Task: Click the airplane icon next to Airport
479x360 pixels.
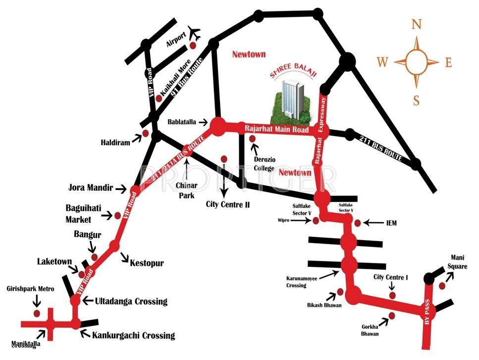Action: point(194,34)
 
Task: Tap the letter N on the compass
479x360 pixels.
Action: point(417,24)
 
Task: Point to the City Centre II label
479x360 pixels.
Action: point(228,204)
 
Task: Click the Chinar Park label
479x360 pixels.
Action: point(187,189)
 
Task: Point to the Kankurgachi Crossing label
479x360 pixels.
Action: point(134,335)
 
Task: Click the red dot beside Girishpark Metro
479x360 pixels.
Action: point(36,313)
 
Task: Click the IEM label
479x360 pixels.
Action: point(392,224)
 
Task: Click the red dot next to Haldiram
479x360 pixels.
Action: point(146,133)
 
